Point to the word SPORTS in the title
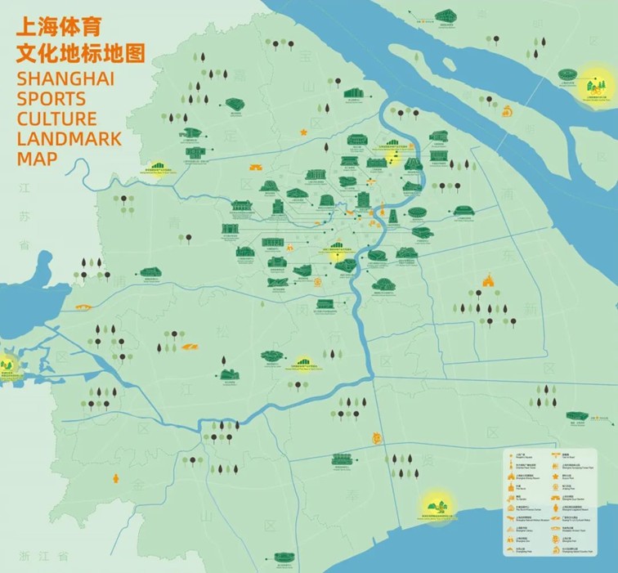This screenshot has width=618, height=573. point(51,99)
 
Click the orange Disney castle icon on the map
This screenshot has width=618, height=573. point(489,281)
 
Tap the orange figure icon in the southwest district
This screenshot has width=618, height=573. point(115,476)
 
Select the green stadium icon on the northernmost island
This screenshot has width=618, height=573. point(446,16)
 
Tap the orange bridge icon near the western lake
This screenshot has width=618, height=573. point(83,307)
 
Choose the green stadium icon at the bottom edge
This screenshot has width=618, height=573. point(284,557)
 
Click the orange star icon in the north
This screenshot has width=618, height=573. point(303,131)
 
